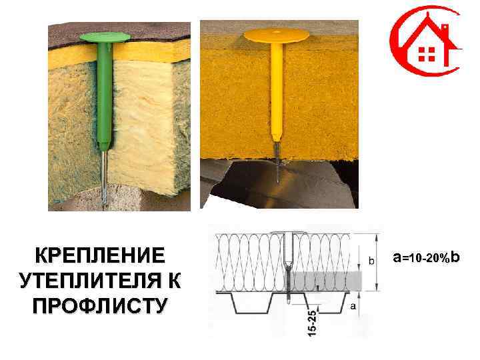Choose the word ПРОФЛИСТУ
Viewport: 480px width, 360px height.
[x=99, y=305]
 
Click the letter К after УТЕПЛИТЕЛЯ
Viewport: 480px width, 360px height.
[x=173, y=280]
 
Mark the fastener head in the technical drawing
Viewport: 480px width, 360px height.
[x=289, y=233]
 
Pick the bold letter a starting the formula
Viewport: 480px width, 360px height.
[x=397, y=257]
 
